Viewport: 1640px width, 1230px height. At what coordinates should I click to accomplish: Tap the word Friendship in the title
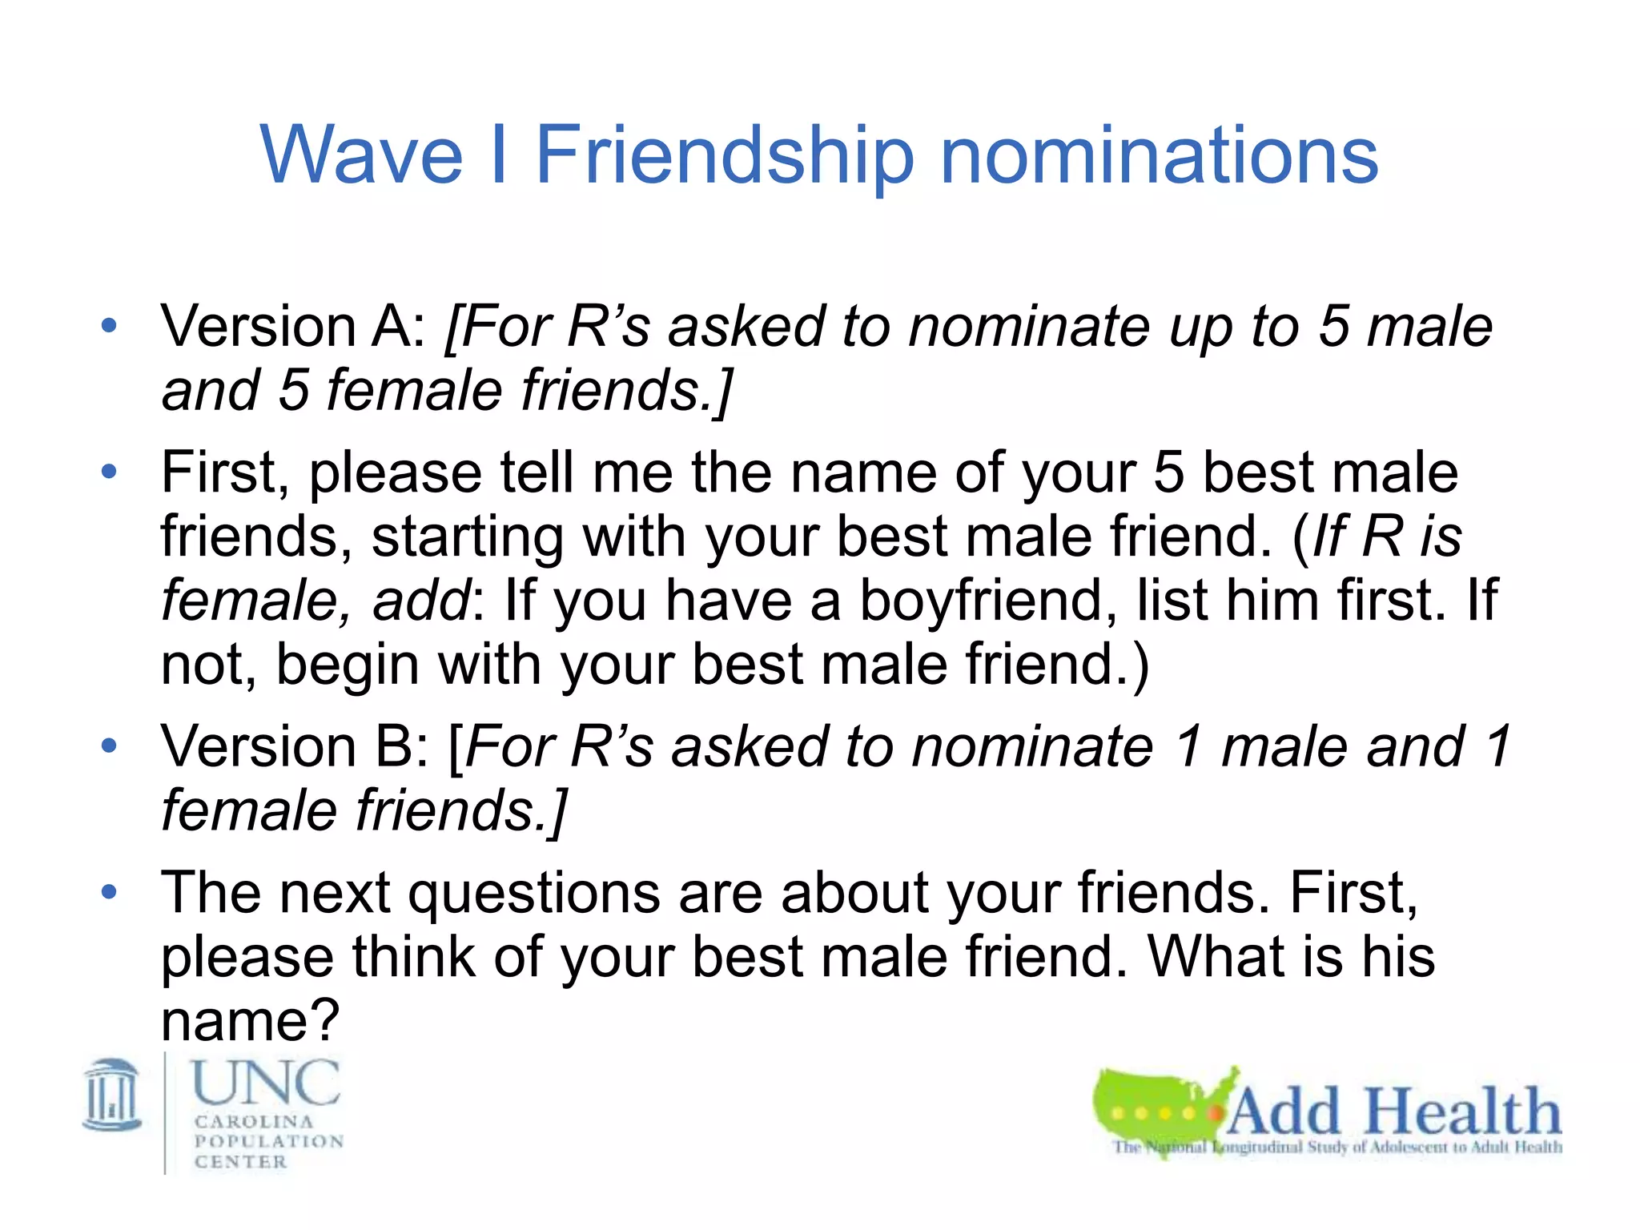(x=724, y=156)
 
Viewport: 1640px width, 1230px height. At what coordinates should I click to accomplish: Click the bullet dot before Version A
(x=110, y=326)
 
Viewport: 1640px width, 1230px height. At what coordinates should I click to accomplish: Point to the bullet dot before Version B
(x=110, y=746)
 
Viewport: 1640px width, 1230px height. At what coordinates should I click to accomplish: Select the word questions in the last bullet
(x=534, y=893)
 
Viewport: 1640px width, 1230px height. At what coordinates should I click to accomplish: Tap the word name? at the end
(x=251, y=1022)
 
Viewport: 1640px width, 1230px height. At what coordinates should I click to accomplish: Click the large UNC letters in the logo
(x=267, y=1083)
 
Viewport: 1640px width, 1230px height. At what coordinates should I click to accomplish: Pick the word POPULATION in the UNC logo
(x=269, y=1141)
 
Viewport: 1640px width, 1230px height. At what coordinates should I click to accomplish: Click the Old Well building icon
(x=113, y=1095)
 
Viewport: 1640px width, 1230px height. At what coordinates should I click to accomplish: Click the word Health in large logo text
(x=1462, y=1111)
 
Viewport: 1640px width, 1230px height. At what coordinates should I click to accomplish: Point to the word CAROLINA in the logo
(x=254, y=1121)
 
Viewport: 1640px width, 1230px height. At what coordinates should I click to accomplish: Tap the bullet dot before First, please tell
(x=110, y=472)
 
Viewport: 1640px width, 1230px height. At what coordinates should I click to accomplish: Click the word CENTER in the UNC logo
(x=240, y=1161)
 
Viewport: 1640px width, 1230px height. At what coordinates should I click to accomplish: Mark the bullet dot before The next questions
(x=110, y=892)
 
